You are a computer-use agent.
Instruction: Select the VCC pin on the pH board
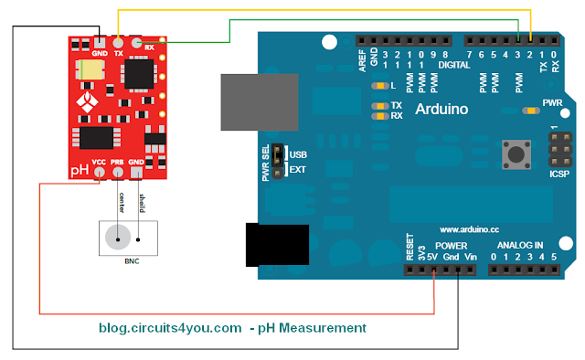pyautogui.click(x=100, y=172)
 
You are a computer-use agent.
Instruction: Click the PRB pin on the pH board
pyautogui.click(x=117, y=172)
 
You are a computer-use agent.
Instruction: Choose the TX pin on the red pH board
pyautogui.click(x=119, y=42)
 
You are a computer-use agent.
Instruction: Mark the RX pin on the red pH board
pyautogui.click(x=137, y=42)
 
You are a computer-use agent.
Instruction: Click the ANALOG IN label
pyautogui.click(x=520, y=246)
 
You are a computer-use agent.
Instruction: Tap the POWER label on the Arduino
pyautogui.click(x=451, y=246)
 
